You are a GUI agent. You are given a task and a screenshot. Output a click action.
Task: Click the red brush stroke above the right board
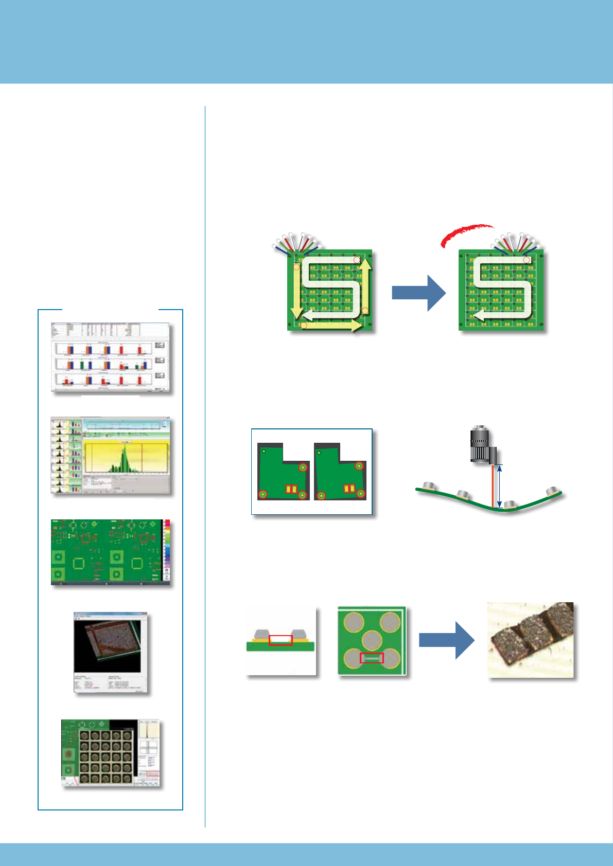(x=466, y=234)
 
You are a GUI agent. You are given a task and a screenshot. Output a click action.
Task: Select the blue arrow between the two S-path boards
(x=418, y=292)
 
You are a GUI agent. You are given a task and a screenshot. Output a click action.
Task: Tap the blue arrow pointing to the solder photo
(x=446, y=640)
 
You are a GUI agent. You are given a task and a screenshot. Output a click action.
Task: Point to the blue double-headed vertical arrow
(x=500, y=486)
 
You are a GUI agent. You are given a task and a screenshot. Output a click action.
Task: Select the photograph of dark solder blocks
(x=531, y=640)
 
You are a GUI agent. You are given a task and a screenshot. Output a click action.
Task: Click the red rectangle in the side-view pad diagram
(x=281, y=640)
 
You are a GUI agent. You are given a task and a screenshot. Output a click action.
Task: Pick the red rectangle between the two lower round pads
(x=371, y=658)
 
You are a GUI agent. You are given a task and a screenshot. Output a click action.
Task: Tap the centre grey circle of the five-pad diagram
(x=372, y=640)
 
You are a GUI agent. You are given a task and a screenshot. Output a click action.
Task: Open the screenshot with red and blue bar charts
(x=111, y=358)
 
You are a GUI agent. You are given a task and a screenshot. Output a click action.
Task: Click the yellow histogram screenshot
(x=111, y=456)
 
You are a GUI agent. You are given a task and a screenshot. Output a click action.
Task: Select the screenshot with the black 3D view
(x=111, y=652)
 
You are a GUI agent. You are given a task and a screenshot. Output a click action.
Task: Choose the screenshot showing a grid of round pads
(x=111, y=753)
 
